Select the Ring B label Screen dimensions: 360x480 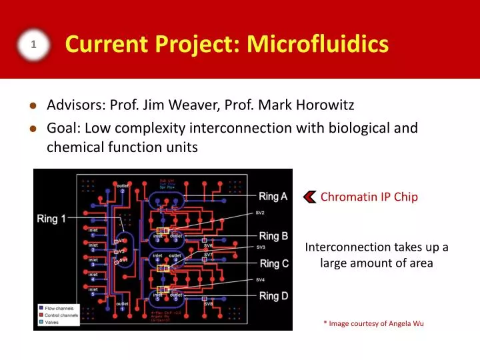click(x=273, y=236)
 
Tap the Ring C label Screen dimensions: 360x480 click(x=274, y=263)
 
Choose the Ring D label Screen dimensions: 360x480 click(x=273, y=295)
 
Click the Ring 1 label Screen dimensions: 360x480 click(x=56, y=218)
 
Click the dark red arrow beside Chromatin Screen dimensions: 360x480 click(x=310, y=197)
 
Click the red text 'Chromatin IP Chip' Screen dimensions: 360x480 click(x=369, y=197)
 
